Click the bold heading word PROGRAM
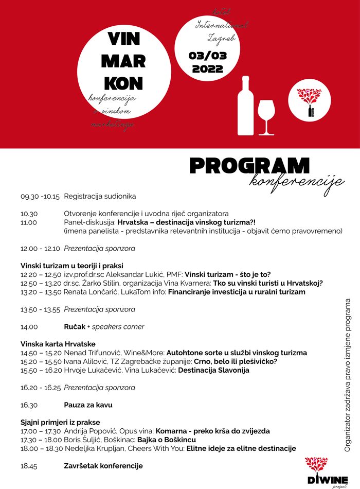click(x=249, y=166)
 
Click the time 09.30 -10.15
click(x=40, y=196)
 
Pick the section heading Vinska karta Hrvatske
click(x=58, y=343)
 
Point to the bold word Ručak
click(x=75, y=326)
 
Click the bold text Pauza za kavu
click(x=88, y=405)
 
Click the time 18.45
click(x=29, y=466)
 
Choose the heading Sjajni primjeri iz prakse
click(x=60, y=422)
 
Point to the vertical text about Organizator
click(x=348, y=375)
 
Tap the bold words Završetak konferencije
click(x=103, y=466)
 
